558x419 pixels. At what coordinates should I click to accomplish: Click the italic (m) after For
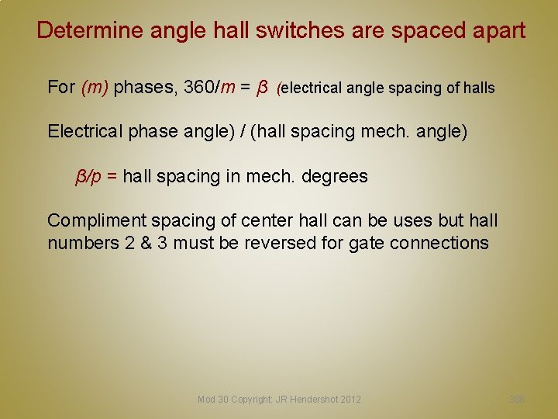95,87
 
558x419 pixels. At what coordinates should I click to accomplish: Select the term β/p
88,176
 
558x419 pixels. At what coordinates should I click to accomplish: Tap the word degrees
334,176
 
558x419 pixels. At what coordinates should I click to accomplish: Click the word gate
367,243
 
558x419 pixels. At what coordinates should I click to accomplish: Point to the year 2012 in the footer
350,400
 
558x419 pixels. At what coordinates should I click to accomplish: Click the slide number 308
517,399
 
